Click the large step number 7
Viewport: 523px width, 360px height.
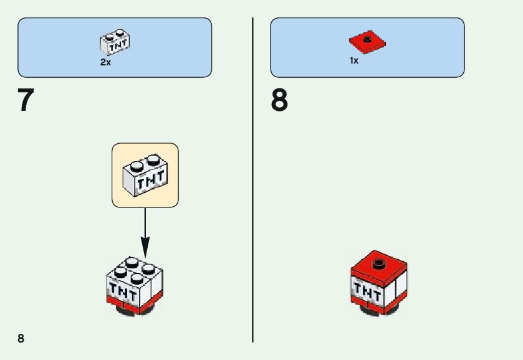[26, 100]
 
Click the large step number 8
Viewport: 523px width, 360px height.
[279, 100]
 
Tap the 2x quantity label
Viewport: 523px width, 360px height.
[105, 62]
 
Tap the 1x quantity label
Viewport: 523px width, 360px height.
[354, 61]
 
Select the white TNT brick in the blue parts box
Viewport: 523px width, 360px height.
[115, 42]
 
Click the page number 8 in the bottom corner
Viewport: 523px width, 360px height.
[21, 338]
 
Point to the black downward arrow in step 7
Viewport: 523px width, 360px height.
[145, 230]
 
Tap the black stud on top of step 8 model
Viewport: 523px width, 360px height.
[378, 264]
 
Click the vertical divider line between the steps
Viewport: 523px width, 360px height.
[252, 181]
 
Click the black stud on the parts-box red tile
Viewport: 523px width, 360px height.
[368, 39]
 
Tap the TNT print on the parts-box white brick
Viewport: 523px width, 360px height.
[117, 45]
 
